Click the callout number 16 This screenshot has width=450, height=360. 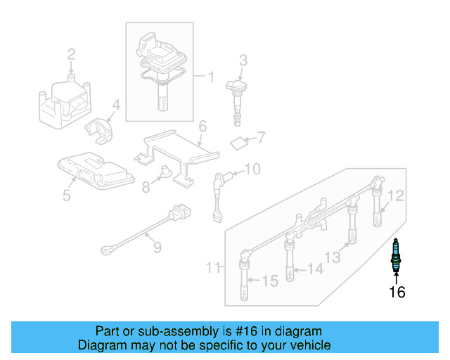397,292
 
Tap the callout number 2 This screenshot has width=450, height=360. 71,54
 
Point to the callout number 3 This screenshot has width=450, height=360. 243,60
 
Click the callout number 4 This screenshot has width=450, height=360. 117,106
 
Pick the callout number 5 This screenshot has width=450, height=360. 66,195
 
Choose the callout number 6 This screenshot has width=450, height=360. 202,127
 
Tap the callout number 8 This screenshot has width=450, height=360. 146,188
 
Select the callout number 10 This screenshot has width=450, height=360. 252,169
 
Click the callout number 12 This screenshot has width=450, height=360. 397,196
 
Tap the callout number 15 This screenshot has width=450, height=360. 271,281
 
